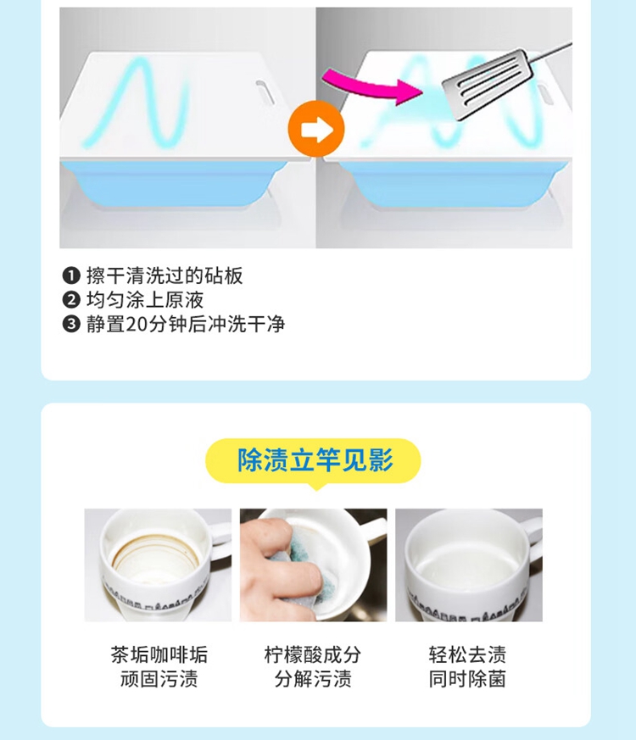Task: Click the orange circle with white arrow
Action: (316, 129)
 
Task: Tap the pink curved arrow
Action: (373, 86)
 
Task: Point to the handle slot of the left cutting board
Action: (265, 92)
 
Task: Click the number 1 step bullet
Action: (71, 275)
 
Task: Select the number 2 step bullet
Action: (71, 300)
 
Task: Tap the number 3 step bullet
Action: (71, 324)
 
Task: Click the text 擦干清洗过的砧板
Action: (165, 275)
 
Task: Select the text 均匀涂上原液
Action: (145, 300)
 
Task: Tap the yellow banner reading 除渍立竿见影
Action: (313, 461)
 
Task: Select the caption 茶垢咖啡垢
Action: (159, 654)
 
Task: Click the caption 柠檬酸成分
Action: (313, 654)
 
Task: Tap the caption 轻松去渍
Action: (467, 654)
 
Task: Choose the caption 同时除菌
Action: (467, 679)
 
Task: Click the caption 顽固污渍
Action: (159, 679)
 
